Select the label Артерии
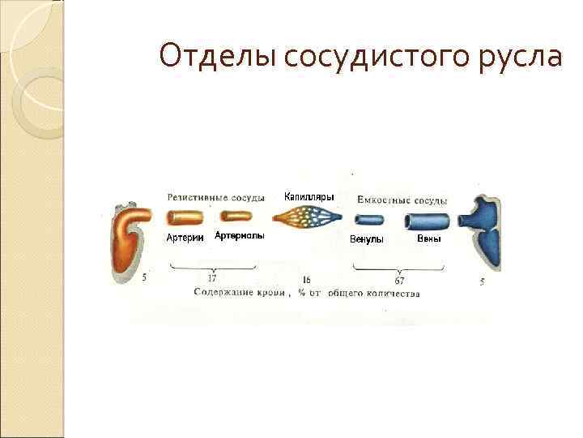185,237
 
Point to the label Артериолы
240,236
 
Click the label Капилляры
309,196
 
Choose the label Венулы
366,239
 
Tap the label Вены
428,238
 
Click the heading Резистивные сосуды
216,198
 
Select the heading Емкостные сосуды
402,200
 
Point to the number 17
212,278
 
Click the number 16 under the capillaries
306,279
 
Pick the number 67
399,280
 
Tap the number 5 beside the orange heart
144,277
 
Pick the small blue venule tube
369,219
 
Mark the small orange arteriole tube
236,217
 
